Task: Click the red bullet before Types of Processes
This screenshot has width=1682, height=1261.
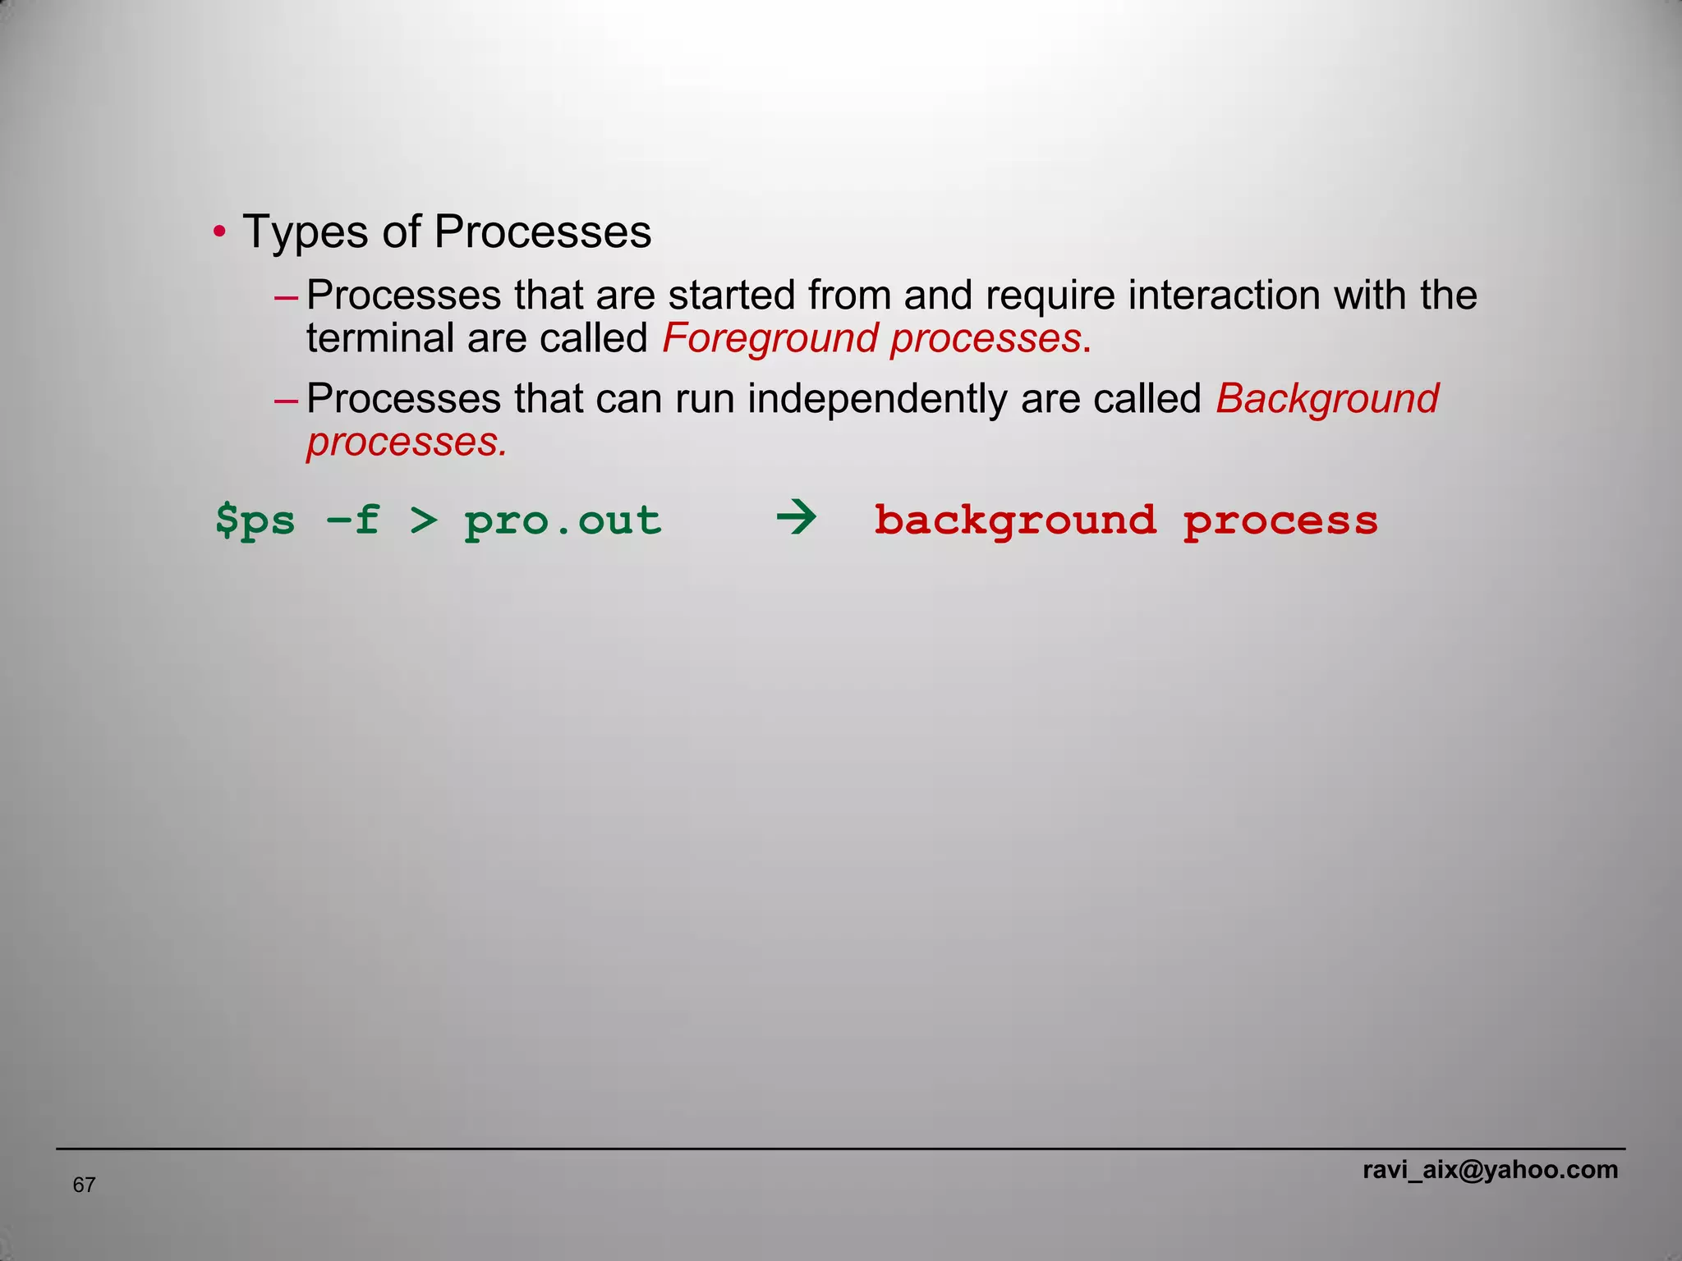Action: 218,232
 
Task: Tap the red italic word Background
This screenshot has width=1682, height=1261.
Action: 1327,400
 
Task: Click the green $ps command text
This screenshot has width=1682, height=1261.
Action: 255,520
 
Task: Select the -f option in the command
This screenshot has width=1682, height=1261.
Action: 353,520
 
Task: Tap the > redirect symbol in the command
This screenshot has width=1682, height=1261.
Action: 424,520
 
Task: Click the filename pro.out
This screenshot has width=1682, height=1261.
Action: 563,520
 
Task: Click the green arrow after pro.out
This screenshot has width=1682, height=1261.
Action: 796,519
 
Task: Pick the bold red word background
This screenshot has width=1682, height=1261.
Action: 1015,520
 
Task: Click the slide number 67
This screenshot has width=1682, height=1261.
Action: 84,1185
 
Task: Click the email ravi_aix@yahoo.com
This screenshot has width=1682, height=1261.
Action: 1490,1170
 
